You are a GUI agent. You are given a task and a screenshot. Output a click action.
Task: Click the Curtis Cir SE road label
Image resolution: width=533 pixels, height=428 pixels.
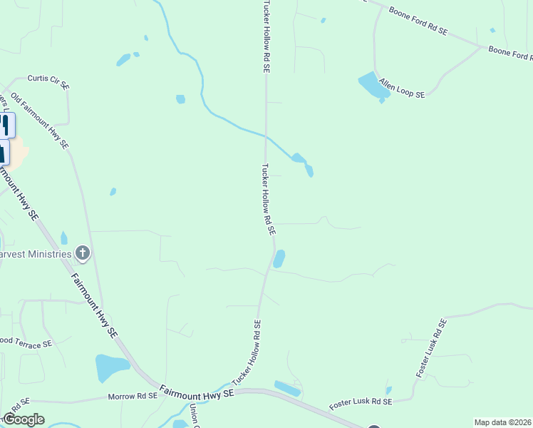pos(48,82)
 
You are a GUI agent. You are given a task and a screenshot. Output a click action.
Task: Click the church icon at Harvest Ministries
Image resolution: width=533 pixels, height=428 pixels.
pos(83,253)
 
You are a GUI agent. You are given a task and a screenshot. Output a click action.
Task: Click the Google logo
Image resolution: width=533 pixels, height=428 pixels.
pos(23,419)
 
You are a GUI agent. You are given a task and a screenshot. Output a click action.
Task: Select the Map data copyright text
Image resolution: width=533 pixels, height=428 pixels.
pos(502,422)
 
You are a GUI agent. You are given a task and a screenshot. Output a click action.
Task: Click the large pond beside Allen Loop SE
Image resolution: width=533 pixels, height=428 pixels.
pos(370,85)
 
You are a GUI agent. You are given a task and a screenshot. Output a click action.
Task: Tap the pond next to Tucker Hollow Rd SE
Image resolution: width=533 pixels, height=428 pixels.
pos(279,258)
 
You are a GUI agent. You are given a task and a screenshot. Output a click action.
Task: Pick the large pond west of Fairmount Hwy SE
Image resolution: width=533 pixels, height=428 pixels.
pos(110,367)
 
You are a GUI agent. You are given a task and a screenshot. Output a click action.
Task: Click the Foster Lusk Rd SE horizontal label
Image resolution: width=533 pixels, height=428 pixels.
pos(361,404)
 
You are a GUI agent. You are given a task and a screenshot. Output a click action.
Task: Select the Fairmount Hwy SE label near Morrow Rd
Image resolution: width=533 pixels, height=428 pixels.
pos(196,392)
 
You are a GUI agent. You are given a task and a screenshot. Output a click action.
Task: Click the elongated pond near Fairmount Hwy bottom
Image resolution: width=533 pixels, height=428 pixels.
pos(288,389)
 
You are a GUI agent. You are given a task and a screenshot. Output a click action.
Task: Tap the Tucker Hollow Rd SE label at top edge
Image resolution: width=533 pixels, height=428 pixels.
pos(266,36)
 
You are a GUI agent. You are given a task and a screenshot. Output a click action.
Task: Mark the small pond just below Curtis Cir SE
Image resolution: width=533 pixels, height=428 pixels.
pos(180,99)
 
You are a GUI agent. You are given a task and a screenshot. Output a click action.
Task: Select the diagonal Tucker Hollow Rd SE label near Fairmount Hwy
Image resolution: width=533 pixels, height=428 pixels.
pos(246,355)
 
